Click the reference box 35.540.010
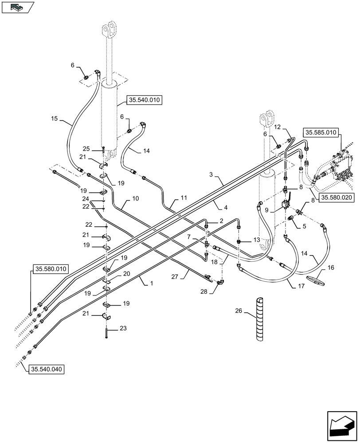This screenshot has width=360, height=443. click(x=144, y=100)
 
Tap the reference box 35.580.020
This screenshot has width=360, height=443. click(x=336, y=198)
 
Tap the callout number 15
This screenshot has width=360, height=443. click(x=55, y=118)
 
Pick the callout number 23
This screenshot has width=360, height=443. click(x=123, y=328)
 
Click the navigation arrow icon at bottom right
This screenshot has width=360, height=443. click(x=341, y=424)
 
